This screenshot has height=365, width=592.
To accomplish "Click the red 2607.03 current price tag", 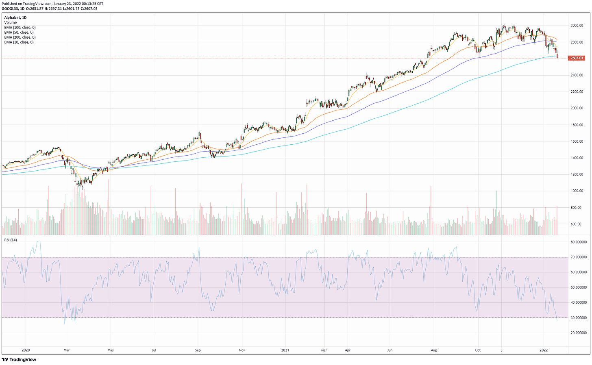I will point(577,58).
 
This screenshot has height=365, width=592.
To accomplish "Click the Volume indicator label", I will point(11,23).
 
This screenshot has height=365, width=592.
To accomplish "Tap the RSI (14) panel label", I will point(11,240).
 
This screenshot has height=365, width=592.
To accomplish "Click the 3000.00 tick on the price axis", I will point(577,25).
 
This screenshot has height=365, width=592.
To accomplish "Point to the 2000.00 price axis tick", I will point(577,108).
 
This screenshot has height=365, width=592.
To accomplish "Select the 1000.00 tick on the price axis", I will point(577,191).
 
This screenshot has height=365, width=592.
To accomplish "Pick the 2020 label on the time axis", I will point(26,350).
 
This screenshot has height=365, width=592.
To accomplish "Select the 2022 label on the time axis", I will point(544,350).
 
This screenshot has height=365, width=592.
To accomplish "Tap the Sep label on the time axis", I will point(198,350).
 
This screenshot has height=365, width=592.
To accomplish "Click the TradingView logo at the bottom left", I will point(19,359).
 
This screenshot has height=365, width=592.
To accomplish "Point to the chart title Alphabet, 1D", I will point(15,18).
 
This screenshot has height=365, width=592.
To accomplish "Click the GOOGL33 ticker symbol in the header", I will point(9,8).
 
